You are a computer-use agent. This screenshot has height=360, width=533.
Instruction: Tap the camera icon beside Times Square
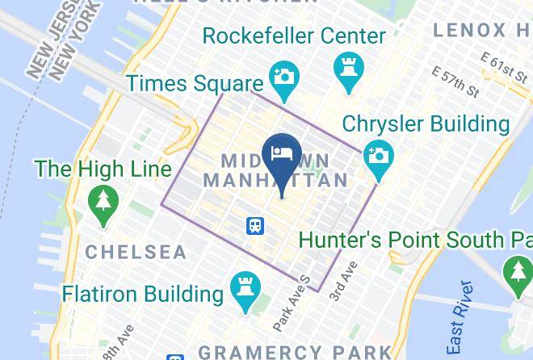pyautogui.click(x=283, y=77)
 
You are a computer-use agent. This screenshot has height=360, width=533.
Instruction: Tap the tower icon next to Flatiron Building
pyautogui.click(x=243, y=290)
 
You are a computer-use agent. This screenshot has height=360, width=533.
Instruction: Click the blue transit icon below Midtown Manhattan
pyautogui.click(x=256, y=225)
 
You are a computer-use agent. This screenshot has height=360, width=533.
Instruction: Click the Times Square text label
pyautogui.click(x=195, y=83)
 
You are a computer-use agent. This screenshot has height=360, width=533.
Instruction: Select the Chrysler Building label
pyautogui.click(x=426, y=124)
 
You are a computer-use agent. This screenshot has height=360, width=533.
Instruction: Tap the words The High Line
pyautogui.click(x=103, y=169)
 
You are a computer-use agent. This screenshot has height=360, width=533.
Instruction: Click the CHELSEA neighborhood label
pyautogui.click(x=136, y=253)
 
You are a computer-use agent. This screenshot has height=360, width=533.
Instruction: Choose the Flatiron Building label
pyautogui.click(x=142, y=292)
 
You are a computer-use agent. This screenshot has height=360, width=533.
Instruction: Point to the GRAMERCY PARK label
pyautogui.click(x=294, y=352)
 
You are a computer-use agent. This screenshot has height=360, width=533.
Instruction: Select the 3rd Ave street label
pyautogui.click(x=343, y=282)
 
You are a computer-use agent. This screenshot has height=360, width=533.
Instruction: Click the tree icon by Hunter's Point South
pyautogui.click(x=518, y=274)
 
